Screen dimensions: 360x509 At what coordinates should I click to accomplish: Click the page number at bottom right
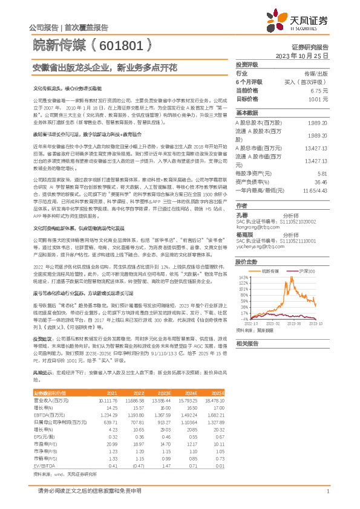point(327,491)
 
